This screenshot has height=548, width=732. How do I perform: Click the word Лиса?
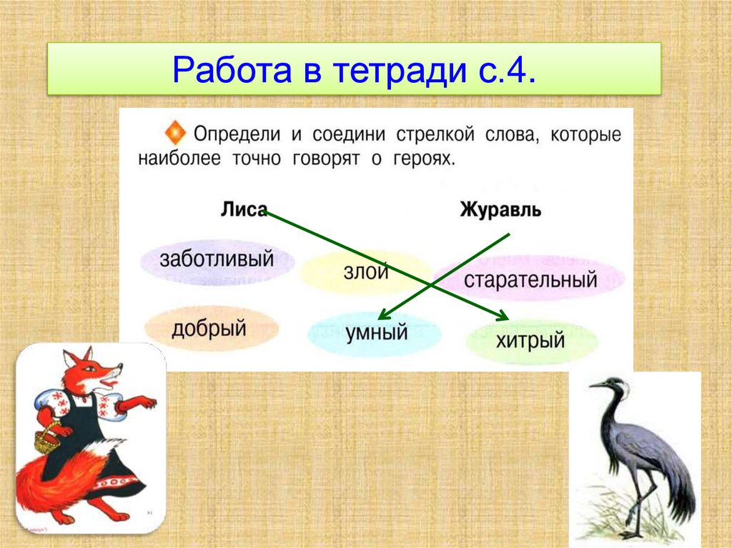pyautogui.click(x=244, y=209)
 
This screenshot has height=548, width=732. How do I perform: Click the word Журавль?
pyautogui.click(x=500, y=209)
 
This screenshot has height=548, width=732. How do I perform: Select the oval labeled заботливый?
pyautogui.click(x=217, y=261)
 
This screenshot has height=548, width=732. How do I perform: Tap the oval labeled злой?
pyautogui.click(x=365, y=272)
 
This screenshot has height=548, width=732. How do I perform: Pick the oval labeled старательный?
pyautogui.click(x=530, y=279)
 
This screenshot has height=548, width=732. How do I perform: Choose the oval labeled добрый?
pyautogui.click(x=211, y=328)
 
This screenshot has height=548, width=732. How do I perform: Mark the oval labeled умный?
pyautogui.click(x=375, y=333)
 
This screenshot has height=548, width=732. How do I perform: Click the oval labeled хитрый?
pyautogui.click(x=532, y=341)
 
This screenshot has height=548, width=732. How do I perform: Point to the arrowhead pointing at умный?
pyautogui.click(x=384, y=314)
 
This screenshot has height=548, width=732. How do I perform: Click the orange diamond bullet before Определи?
pyautogui.click(x=175, y=133)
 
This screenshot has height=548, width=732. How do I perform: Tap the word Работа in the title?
pyautogui.click(x=232, y=70)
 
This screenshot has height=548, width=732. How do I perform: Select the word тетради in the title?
pyautogui.click(x=400, y=71)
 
